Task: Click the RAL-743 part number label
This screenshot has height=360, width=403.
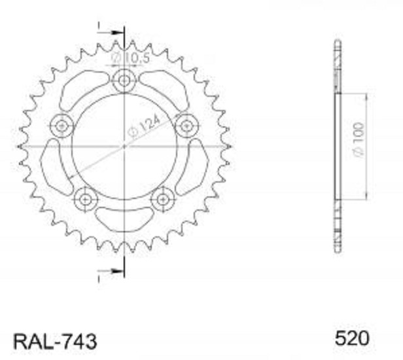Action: point(55,341)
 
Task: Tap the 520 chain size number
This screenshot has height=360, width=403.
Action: point(352,338)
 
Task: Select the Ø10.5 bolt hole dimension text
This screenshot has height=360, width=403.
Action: point(130,58)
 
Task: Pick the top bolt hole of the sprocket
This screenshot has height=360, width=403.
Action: point(124,81)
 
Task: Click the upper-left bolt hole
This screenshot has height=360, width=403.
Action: point(62,126)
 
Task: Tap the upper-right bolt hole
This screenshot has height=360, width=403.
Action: point(187,126)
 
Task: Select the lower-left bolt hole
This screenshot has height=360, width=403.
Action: point(85,199)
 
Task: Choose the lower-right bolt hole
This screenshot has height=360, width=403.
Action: point(163,199)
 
